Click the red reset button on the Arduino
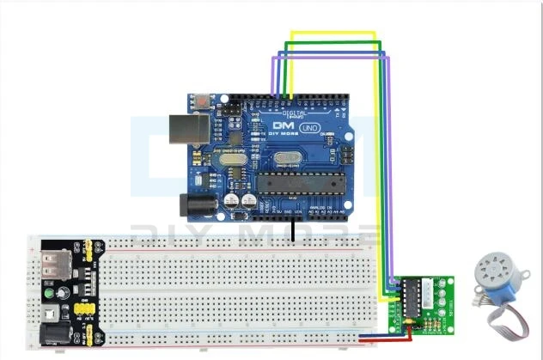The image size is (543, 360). (x=200, y=101)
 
